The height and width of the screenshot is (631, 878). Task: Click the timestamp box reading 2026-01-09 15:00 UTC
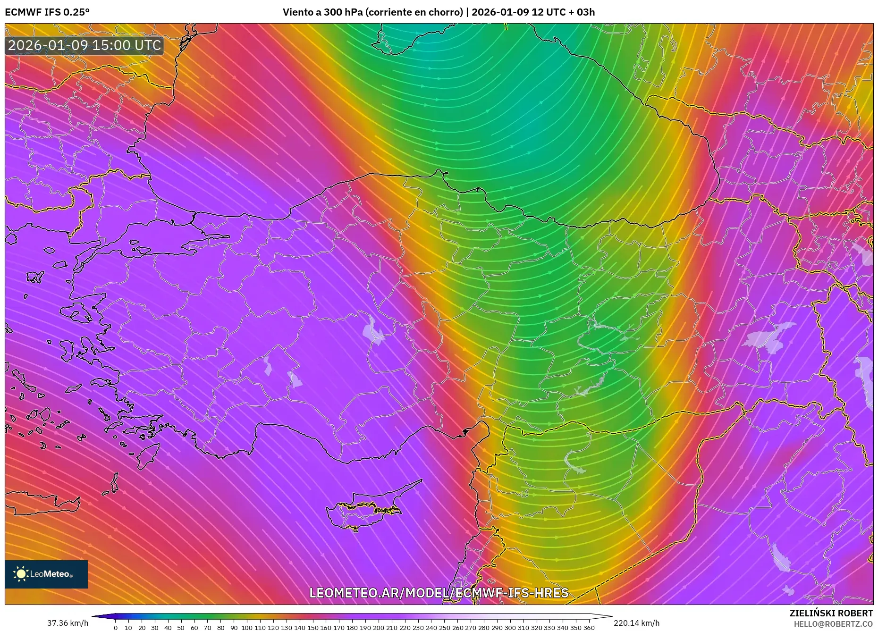pos(84,45)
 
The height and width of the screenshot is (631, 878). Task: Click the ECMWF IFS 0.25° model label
pos(47,12)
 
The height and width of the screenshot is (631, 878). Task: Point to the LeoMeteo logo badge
pos(46,574)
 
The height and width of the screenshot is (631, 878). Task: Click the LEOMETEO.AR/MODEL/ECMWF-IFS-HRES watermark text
pos(439,593)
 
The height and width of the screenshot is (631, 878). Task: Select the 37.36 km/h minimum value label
pos(68,623)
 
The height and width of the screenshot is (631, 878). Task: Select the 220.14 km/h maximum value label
pos(636,623)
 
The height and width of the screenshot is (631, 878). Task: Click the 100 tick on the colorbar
pos(246,628)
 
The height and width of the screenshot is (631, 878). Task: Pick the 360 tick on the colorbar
pos(589,628)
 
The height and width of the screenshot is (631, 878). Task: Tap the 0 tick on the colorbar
pos(116,628)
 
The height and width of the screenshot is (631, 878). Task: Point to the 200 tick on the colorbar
pos(378,628)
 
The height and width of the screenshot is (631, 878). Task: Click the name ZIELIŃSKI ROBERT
pos(831,613)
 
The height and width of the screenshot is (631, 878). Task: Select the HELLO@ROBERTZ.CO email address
pos(833,624)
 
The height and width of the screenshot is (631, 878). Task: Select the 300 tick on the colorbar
pos(510,628)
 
